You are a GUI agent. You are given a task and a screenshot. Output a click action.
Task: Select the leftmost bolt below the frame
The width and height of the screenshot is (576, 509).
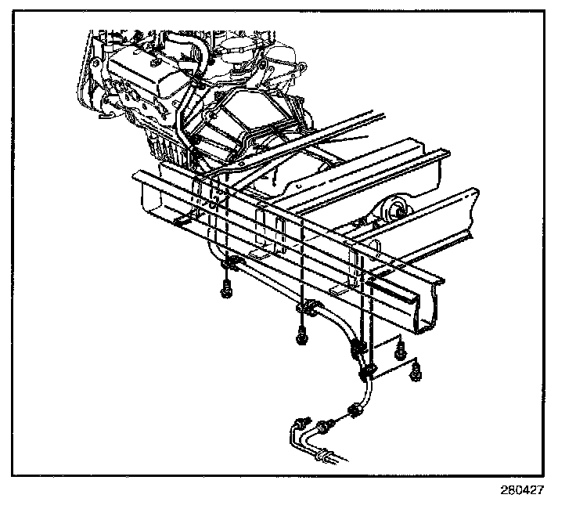[226, 289]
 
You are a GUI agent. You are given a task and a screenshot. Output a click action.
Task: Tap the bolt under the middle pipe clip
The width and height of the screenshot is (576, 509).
[301, 336]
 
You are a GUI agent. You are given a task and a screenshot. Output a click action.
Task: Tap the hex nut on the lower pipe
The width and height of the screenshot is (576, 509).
[355, 410]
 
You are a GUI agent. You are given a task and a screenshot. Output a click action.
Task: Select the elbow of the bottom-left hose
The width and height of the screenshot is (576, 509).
[296, 427]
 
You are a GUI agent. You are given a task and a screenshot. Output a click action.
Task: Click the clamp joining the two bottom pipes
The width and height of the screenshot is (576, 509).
[322, 453]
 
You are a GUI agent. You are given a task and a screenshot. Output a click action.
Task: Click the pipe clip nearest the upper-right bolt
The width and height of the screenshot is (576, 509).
[360, 346]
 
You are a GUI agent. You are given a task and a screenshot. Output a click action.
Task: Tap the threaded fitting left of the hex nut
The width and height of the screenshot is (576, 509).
[329, 425]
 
